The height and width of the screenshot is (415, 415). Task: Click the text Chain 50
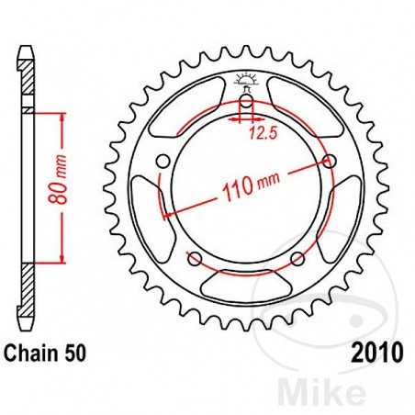coord(47,353)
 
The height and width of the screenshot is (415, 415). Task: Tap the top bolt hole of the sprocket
coord(245,104)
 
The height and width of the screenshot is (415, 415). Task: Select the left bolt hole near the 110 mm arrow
coord(164,163)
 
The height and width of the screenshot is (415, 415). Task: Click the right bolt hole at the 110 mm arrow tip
coord(327,163)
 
